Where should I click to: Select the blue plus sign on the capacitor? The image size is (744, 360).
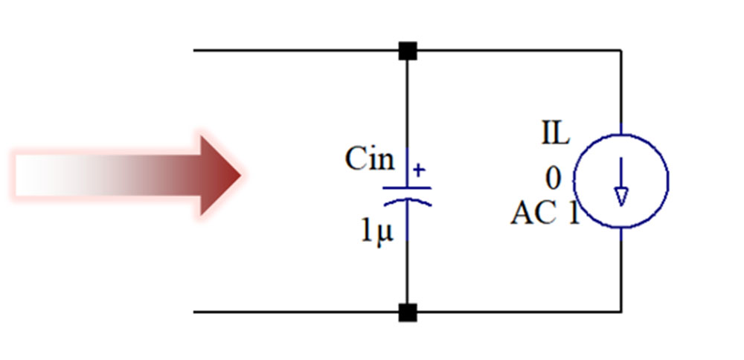tap(419, 170)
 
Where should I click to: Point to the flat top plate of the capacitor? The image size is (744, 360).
tap(407, 187)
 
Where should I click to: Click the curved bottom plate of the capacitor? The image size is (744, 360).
tap(407, 201)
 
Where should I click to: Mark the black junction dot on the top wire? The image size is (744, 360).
tap(407, 51)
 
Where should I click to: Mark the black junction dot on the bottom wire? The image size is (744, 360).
tap(407, 312)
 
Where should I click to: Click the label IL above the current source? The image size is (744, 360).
tap(555, 135)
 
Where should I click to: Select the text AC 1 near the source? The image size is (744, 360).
tap(544, 214)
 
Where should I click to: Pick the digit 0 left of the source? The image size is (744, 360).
tap(553, 179)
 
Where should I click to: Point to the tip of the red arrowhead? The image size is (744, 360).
tap(240, 176)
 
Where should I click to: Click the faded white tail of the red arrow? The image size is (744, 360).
tap(45, 176)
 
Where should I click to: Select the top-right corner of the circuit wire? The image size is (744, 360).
tap(621, 51)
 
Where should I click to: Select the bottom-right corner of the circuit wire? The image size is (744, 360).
tap(621, 312)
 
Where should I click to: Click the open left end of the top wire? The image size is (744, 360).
tap(196, 51)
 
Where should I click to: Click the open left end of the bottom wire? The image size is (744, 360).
tap(196, 312)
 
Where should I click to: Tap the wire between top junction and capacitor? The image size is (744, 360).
tap(407, 104)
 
